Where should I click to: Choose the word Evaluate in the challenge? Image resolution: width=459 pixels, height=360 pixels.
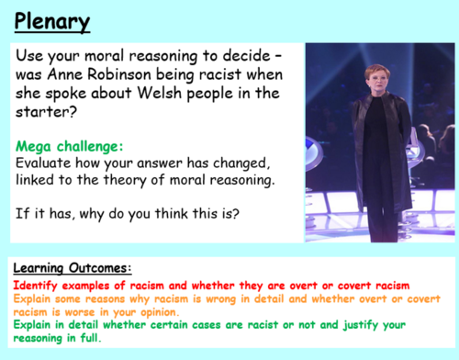(x=40, y=164)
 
